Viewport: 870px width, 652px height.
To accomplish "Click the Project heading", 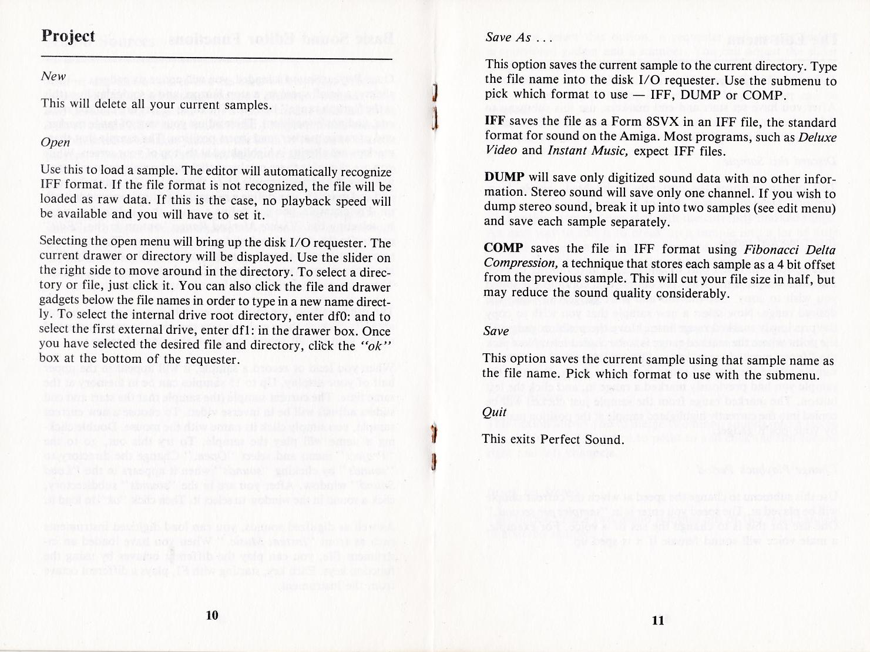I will click(x=68, y=36).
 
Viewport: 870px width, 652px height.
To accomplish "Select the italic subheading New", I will click(x=53, y=76).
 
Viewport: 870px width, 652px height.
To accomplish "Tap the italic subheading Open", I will click(x=55, y=142).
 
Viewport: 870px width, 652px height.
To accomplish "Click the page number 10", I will click(x=212, y=615).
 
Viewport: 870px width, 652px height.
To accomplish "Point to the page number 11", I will click(x=657, y=620).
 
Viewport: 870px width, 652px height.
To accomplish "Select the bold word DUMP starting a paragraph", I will click(x=503, y=178).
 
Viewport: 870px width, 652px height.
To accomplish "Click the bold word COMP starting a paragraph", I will click(x=503, y=248).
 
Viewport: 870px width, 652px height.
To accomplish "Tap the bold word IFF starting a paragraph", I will click(x=495, y=122).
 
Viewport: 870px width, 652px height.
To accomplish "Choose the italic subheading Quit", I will click(x=494, y=412).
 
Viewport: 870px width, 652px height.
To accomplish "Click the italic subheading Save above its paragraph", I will click(x=496, y=331).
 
